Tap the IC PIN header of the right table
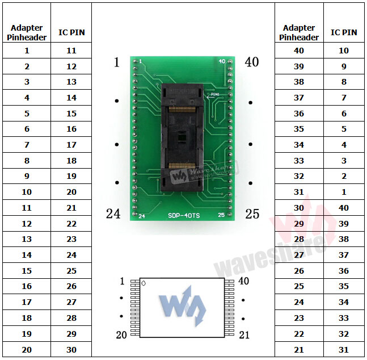click(x=344, y=32)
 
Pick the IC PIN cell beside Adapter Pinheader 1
click(x=71, y=51)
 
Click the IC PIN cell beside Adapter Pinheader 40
click(x=344, y=51)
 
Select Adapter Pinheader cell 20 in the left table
click(x=27, y=350)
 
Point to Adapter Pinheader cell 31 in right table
click(x=299, y=192)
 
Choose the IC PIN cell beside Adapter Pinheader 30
click(x=344, y=208)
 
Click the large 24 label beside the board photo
click(x=113, y=214)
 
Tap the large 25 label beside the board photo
click(x=252, y=214)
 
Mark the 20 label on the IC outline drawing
click(x=121, y=335)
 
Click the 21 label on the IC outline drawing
click(x=244, y=335)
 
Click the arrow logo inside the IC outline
click(x=183, y=308)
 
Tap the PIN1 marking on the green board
click(x=214, y=95)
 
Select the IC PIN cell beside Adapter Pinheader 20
click(x=71, y=350)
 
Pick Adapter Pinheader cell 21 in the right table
click(x=299, y=350)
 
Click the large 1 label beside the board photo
click(x=117, y=62)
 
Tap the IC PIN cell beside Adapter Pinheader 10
click(x=71, y=192)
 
